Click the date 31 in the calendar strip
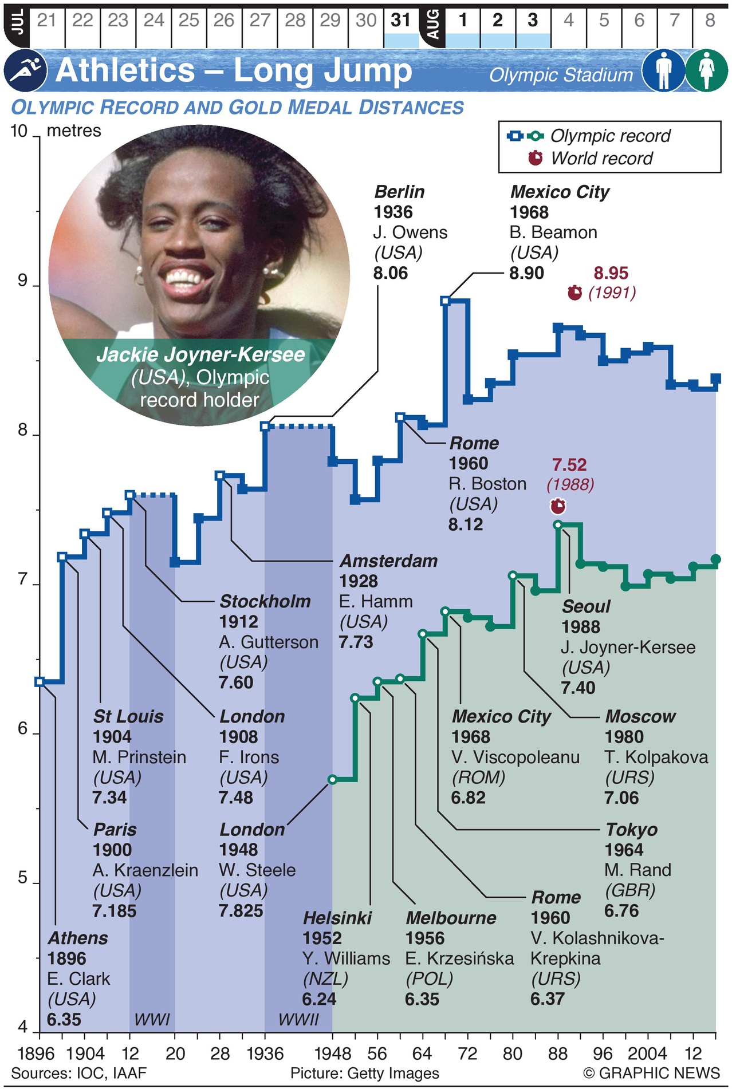[401, 21]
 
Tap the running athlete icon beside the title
[25, 70]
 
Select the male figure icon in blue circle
[663, 70]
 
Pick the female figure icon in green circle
[706, 70]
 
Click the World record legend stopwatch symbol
[535, 157]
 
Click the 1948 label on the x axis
[332, 1054]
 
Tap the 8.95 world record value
[611, 273]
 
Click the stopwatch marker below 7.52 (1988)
[557, 506]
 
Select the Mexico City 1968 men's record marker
[446, 301]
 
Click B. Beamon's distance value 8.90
[526, 273]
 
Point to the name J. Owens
[410, 232]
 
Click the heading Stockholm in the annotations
[265, 601]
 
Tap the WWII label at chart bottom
[298, 1019]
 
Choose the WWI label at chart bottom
[152, 1019]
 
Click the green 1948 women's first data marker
[332, 779]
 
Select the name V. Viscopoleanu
[515, 757]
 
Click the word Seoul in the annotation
[586, 606]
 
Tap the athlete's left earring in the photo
[139, 275]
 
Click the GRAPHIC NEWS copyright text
[651, 1072]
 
